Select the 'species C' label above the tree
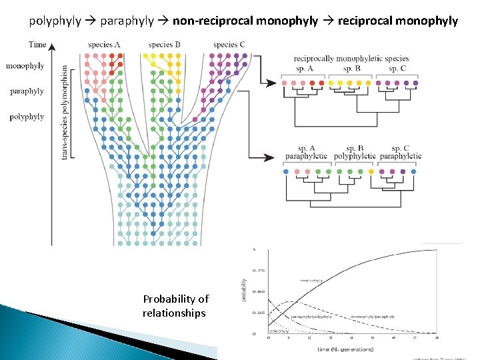click(x=229, y=45)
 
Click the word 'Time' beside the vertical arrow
click(x=38, y=45)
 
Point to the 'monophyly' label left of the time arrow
click(x=25, y=66)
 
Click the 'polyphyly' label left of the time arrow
click(x=27, y=117)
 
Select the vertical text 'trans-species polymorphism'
click(x=65, y=112)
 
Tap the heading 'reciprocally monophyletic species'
click(x=351, y=59)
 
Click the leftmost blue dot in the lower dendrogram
click(x=286, y=172)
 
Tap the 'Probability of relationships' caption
click(x=175, y=306)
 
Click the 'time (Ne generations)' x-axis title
click(x=345, y=349)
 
